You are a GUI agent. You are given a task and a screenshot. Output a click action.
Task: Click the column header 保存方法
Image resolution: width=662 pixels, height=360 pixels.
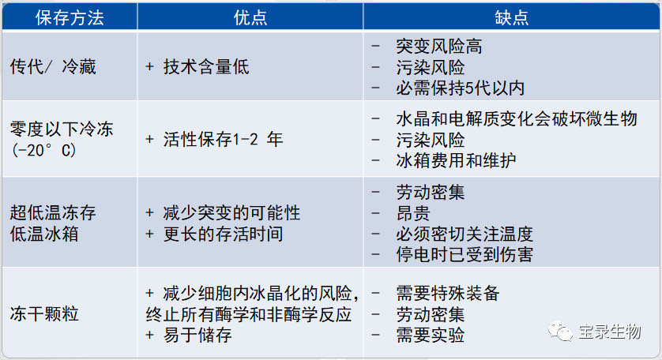coord(70,17)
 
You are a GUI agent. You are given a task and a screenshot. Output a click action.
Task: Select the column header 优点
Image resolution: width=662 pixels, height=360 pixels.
coord(250,17)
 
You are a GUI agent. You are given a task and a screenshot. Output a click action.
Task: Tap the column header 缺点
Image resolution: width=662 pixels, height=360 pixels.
coord(512,17)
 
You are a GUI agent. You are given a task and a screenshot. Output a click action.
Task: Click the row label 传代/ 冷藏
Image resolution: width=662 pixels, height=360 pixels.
coord(53,66)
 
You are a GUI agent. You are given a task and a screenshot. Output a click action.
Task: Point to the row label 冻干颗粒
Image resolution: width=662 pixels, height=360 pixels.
coord(44,314)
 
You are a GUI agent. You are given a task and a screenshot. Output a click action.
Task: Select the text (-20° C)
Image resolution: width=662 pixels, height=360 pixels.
coord(44,150)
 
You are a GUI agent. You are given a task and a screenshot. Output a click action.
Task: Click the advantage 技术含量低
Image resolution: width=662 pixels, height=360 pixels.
coord(206,66)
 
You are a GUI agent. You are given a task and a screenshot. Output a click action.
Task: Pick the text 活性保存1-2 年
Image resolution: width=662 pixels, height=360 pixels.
coord(223,139)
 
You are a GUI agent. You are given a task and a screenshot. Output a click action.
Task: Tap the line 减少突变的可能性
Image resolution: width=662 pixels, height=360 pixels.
coord(231,212)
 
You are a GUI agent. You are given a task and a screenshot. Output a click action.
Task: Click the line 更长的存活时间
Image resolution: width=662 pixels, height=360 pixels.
coord(224,234)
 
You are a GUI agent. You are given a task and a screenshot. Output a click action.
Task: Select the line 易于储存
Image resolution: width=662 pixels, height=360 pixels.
coord(197,335)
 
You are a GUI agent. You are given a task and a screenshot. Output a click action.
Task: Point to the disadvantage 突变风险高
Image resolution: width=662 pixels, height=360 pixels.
coord(439,47)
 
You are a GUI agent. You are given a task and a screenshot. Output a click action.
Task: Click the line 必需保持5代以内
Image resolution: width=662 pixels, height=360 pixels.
coord(461,88)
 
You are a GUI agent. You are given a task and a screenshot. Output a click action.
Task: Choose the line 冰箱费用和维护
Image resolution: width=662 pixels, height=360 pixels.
coord(456,160)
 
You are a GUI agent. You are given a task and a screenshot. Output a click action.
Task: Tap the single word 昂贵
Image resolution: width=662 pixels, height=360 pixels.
coord(413,213)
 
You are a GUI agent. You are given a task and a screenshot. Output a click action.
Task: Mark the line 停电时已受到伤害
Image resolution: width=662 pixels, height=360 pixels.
coord(465,254)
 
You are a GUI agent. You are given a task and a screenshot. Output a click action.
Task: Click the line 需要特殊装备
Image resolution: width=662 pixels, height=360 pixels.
coord(448,294)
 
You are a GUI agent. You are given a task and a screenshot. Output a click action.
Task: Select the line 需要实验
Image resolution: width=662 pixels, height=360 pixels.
coord(431,335)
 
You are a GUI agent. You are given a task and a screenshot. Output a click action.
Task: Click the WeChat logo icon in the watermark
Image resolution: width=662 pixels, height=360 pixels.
coord(560,332)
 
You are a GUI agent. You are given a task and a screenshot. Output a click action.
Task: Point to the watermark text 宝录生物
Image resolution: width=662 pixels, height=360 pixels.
coord(610,332)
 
